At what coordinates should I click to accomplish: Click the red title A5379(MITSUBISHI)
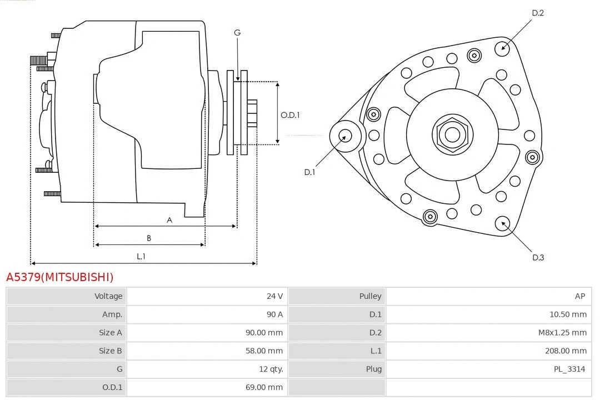coord(59,277)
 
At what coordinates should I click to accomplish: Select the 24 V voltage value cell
coord(274,296)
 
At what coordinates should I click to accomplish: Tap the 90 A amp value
coord(274,314)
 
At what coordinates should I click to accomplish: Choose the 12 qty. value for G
coord(269,369)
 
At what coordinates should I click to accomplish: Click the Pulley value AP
coord(579,296)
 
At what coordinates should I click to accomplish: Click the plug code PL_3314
coord(569,369)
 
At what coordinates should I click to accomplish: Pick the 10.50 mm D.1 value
coord(568,314)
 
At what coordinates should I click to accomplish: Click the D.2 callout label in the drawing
coord(537,13)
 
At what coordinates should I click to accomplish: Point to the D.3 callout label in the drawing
coord(538,257)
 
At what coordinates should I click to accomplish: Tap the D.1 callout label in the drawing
coord(309,172)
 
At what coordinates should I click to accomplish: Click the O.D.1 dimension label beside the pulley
coord(290,115)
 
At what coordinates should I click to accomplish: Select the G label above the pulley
coord(237,33)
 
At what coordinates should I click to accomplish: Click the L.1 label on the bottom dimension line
coord(141,256)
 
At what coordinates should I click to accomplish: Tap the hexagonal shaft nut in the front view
coord(452,134)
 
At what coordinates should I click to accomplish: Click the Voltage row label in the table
coord(108,296)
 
